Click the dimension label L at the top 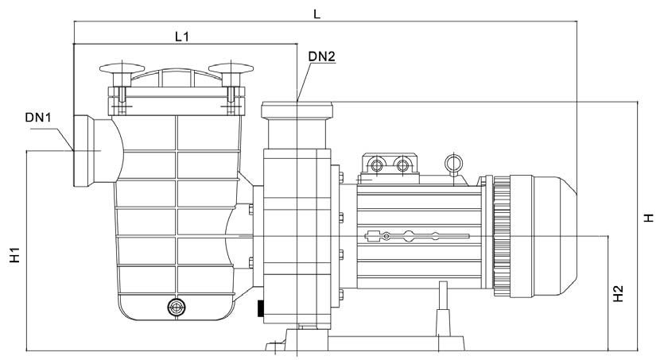(316, 14)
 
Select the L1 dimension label (181, 37)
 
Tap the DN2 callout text (321, 56)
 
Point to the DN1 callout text (38, 117)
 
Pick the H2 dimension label (618, 293)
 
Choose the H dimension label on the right (648, 218)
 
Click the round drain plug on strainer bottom (177, 307)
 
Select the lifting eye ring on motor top (453, 163)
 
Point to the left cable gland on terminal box (376, 164)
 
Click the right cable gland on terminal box (402, 164)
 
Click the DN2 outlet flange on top (297, 110)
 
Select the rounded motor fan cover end (554, 234)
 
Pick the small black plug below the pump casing (260, 308)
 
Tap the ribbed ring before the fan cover (502, 234)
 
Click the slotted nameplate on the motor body (417, 236)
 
